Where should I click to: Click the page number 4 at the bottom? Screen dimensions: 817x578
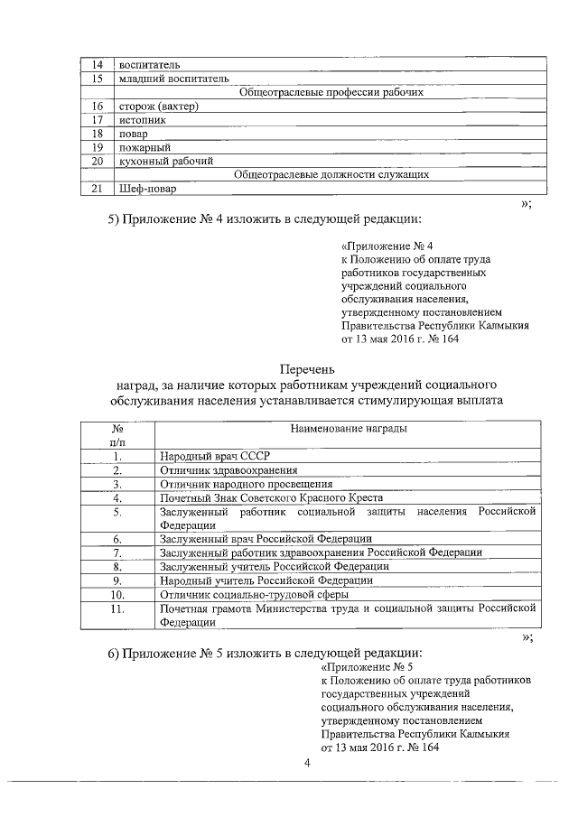pyautogui.click(x=306, y=765)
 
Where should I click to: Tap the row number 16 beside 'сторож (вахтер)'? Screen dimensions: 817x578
pyautogui.click(x=97, y=107)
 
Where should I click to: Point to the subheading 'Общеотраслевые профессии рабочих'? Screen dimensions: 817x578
pyautogui.click(x=330, y=92)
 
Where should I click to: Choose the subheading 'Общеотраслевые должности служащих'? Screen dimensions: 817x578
pyautogui.click(x=330, y=174)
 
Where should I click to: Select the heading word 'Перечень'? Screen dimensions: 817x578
pyautogui.click(x=307, y=369)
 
